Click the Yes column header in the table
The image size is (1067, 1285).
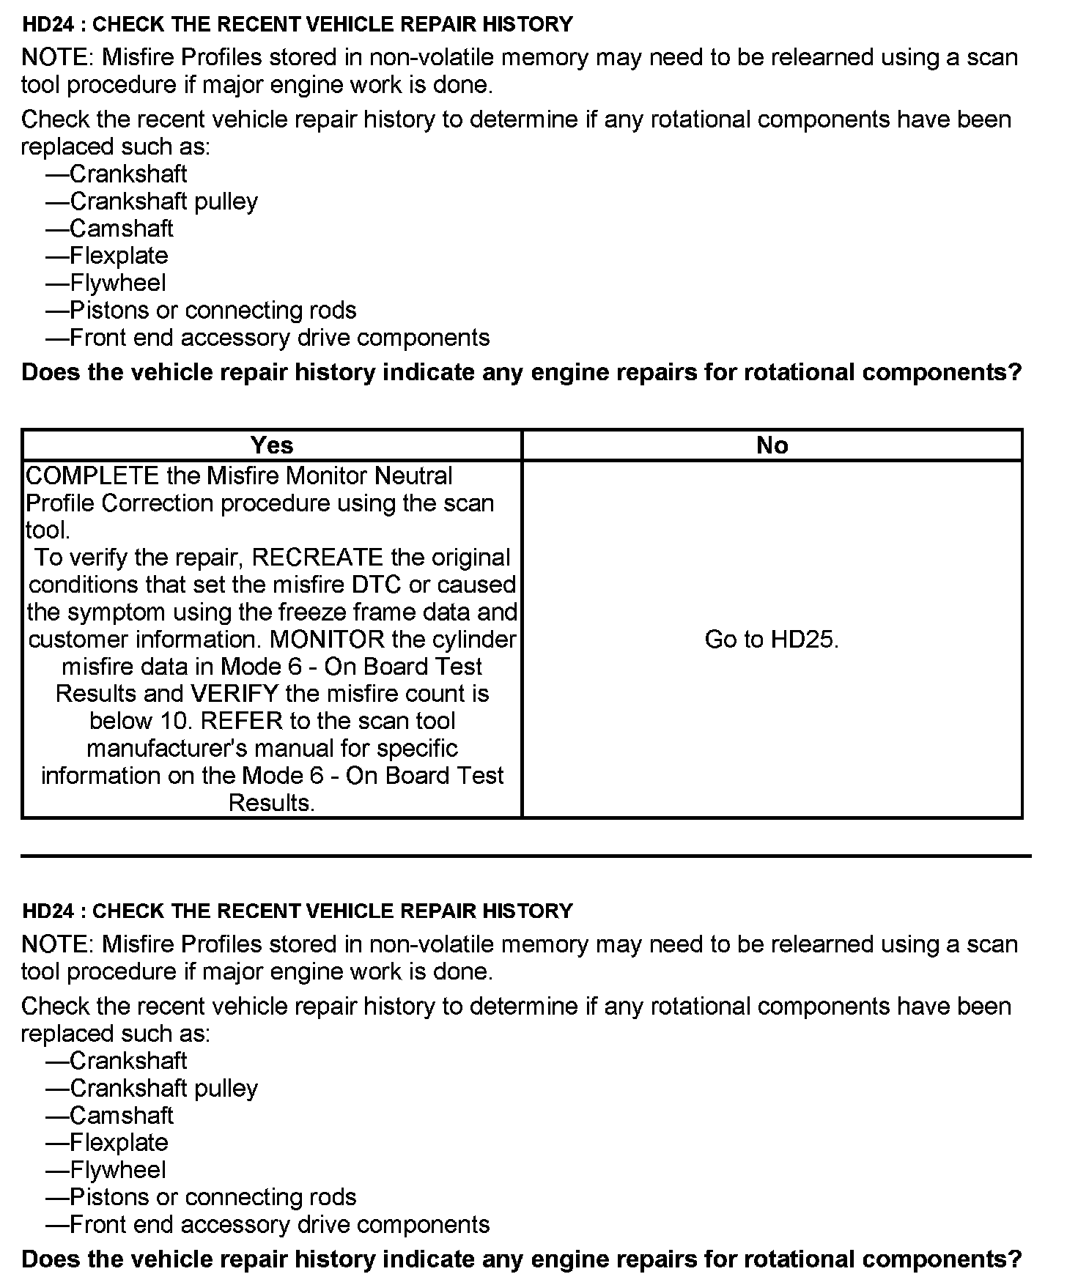click(x=272, y=445)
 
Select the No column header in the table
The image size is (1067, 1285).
click(x=772, y=445)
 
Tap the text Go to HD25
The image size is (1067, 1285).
click(x=772, y=640)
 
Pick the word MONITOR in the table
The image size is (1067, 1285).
click(x=328, y=640)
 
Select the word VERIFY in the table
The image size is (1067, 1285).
click(x=235, y=694)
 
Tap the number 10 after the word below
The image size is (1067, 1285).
click(x=176, y=721)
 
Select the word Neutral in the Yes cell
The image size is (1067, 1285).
click(x=413, y=476)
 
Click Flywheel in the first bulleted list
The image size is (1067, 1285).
click(x=118, y=283)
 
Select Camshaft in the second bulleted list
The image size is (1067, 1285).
click(x=122, y=1115)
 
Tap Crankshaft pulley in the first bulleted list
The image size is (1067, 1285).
click(x=163, y=201)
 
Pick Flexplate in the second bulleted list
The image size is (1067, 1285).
click(x=119, y=1142)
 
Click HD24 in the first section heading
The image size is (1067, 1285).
click(x=47, y=24)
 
